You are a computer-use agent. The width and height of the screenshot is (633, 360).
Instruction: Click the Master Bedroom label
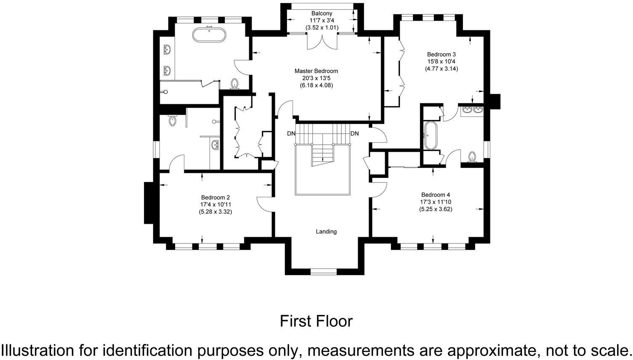[x=316, y=71]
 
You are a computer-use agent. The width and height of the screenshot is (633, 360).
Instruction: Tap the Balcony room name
[x=322, y=13]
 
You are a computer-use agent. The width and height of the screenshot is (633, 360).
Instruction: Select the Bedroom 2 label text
[x=215, y=197]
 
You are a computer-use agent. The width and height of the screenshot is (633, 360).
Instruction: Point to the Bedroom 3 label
[x=441, y=54]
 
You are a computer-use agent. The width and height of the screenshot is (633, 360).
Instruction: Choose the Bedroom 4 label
[x=436, y=195]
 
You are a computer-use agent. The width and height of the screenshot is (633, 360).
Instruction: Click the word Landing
[x=326, y=231]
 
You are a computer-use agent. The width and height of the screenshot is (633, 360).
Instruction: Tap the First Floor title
[x=316, y=321]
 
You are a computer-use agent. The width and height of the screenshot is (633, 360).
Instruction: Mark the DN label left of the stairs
[x=291, y=134]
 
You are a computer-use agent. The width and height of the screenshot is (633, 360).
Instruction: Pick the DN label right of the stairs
[x=355, y=134]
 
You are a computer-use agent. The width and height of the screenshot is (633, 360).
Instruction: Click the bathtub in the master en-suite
[x=209, y=34]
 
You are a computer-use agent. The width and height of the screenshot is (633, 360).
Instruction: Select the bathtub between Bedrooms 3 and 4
[x=431, y=135]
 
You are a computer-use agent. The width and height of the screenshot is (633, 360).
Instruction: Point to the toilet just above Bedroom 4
[x=472, y=157]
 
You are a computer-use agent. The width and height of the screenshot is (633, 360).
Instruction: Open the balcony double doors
[x=322, y=42]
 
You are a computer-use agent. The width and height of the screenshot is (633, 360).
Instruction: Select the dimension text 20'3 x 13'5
[x=316, y=78]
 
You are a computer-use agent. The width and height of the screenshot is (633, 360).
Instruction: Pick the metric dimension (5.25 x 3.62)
[x=436, y=209]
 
